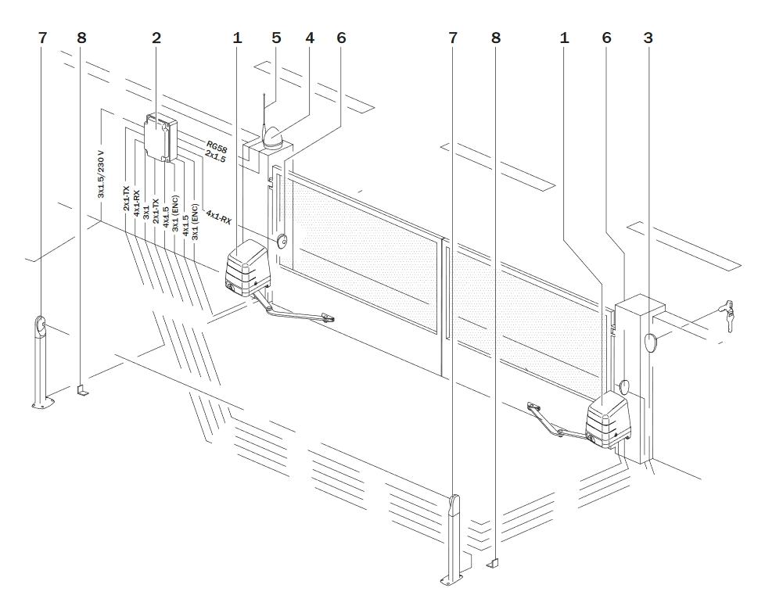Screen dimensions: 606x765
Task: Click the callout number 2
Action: pos(157,38)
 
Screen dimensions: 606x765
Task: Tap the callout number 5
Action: pos(275,38)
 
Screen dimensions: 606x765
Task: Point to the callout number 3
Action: pos(648,38)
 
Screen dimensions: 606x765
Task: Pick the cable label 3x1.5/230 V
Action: pos(102,173)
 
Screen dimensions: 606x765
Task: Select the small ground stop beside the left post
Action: pos(83,389)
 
